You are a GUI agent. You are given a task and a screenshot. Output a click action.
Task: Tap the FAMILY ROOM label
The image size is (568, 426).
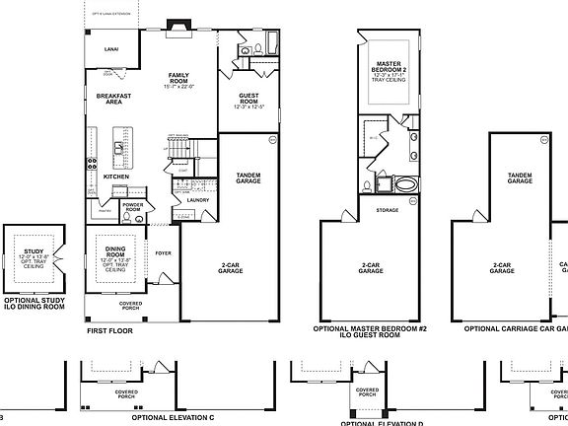pos(178,79)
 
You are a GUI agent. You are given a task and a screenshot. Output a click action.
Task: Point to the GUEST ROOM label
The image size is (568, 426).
pos(248,99)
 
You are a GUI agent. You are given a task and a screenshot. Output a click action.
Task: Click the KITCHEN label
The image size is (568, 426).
pos(116,177)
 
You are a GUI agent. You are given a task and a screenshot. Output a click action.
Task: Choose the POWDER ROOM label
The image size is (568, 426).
pos(133,208)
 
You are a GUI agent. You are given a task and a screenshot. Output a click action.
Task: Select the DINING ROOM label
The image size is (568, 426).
pos(115,251)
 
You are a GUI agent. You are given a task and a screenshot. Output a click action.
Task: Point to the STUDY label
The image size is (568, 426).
pos(34,251)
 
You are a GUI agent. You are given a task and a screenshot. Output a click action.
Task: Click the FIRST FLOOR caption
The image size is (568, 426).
pos(108,331)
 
